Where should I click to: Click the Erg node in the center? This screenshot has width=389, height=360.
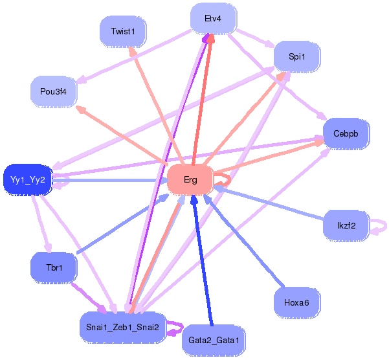point(190,179)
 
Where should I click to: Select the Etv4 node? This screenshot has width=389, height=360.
point(214,18)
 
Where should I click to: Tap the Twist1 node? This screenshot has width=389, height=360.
point(123,32)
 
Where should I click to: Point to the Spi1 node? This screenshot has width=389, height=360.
point(297,56)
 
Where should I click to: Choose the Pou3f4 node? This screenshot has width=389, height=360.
point(54,91)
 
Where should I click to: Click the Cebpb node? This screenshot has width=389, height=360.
point(346,134)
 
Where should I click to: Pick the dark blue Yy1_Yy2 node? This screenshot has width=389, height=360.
point(28,179)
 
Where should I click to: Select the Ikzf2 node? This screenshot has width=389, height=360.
point(346,225)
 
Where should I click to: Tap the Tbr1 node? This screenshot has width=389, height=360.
point(54,267)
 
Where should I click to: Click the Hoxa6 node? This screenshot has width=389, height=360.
point(297,302)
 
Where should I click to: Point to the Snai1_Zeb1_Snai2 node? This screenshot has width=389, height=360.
point(122,327)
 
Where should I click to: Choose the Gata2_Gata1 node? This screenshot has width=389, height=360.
point(214,340)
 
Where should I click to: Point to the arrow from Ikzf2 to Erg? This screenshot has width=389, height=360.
point(269,203)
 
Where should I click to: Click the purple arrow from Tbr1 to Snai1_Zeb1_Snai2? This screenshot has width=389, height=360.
point(89,298)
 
